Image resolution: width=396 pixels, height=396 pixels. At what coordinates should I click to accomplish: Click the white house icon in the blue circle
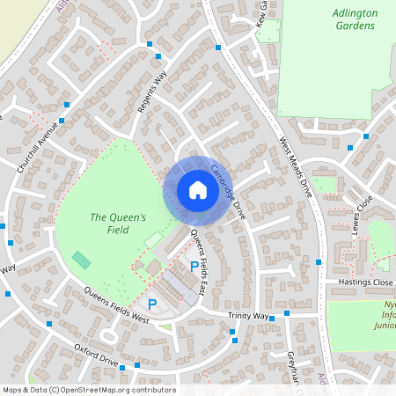pyautogui.click(x=197, y=190)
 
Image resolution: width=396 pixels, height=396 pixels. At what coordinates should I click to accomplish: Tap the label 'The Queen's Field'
pyautogui.click(x=111, y=224)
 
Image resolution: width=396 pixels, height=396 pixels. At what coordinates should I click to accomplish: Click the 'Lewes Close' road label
pyautogui.click(x=361, y=214)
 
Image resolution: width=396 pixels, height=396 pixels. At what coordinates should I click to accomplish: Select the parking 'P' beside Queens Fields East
pyautogui.click(x=194, y=265)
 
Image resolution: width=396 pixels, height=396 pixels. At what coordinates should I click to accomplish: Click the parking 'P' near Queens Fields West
pyautogui.click(x=152, y=304)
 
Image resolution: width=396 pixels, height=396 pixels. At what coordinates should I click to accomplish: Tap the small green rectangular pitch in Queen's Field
pyautogui.click(x=81, y=260)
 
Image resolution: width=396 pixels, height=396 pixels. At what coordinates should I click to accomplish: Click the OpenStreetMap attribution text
pyautogui.click(x=89, y=390)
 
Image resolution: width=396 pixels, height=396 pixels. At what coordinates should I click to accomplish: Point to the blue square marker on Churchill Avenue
pyautogui.click(x=62, y=120)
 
